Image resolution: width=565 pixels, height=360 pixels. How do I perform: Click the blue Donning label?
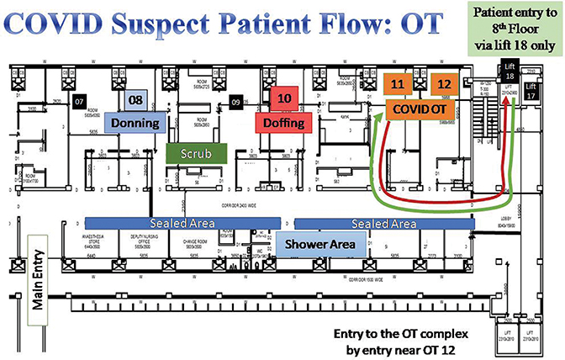(x=135, y=124)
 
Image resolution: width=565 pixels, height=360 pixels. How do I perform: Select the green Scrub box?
(x=197, y=153)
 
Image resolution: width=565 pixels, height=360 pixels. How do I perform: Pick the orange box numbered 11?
(x=399, y=85)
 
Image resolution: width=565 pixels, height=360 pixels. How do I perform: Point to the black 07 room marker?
(x=80, y=102)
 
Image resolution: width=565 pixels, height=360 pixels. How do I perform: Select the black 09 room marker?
(x=236, y=102)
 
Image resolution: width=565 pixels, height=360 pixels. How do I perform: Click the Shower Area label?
(x=324, y=244)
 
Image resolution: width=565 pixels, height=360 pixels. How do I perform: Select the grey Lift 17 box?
(x=531, y=91)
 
